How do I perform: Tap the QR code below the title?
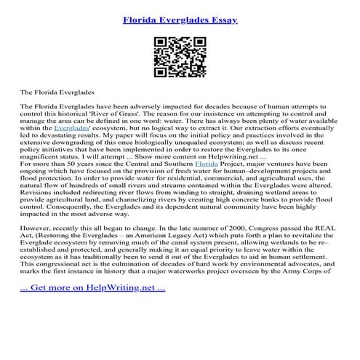point(180,55)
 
